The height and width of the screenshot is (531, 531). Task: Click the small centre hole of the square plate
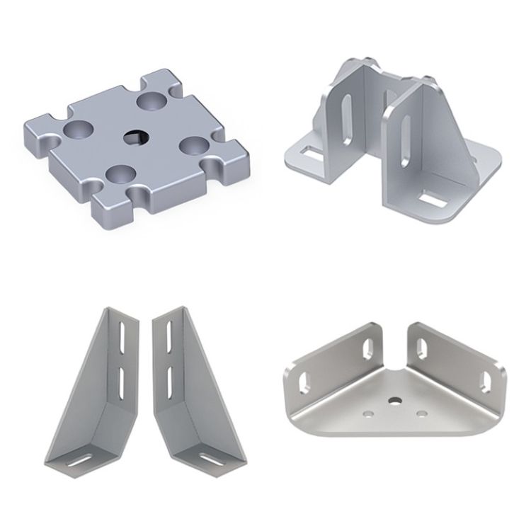point(135,136)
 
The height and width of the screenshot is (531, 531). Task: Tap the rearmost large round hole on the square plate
point(152,101)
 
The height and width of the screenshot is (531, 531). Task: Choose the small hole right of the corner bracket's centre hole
point(422,412)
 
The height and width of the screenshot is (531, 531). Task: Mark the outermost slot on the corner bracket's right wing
point(487,379)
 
